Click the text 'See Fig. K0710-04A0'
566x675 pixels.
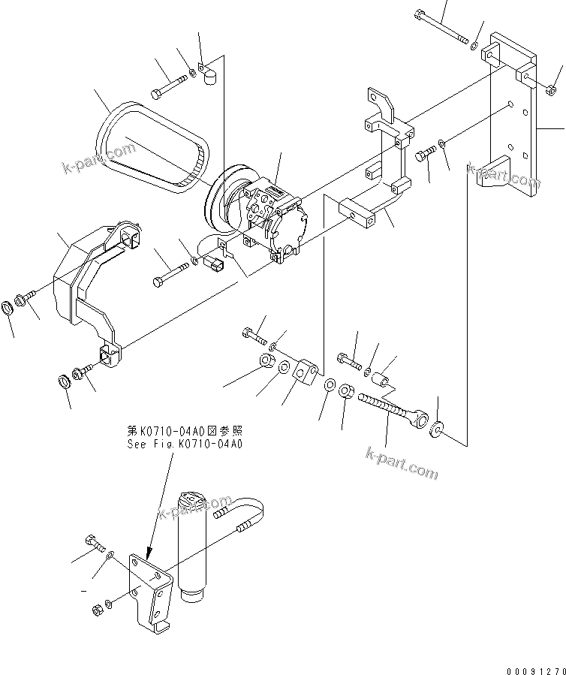184,444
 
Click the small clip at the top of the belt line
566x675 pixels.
208,72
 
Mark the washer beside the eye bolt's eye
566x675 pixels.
438,429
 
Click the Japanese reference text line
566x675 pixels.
185,431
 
